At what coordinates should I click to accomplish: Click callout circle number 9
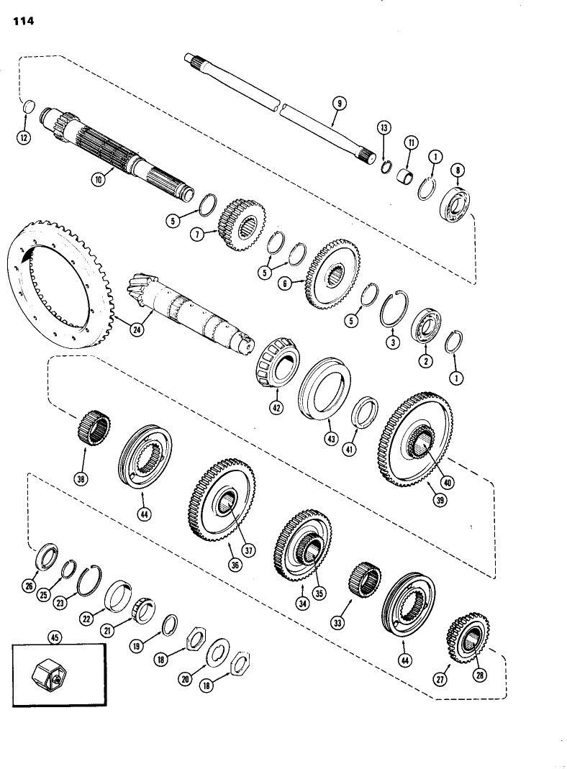[x=339, y=104]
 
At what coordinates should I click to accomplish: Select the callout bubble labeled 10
[x=98, y=180]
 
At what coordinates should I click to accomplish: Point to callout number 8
[x=458, y=170]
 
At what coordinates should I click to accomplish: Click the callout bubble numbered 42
[x=278, y=406]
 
